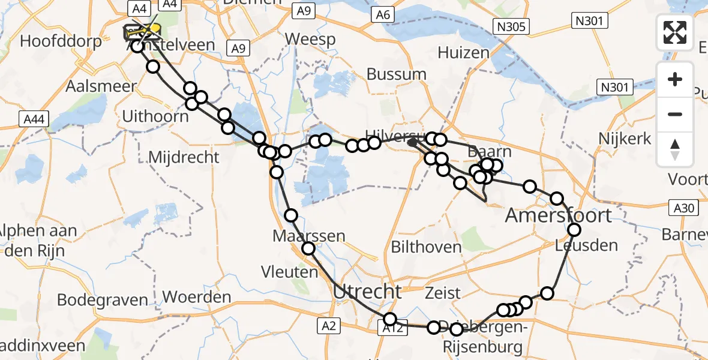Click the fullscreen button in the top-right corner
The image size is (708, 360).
pyautogui.click(x=675, y=32)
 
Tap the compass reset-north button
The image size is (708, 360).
pyautogui.click(x=675, y=149)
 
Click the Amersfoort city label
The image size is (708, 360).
pyautogui.click(x=559, y=215)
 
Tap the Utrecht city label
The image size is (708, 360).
pyautogui.click(x=367, y=292)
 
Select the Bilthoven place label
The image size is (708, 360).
pyautogui.click(x=426, y=247)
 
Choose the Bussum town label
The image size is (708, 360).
pyautogui.click(x=396, y=74)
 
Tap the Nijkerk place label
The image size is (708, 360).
pyautogui.click(x=625, y=139)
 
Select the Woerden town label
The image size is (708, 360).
pyautogui.click(x=197, y=296)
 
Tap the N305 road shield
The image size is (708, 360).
pyautogui.click(x=511, y=26)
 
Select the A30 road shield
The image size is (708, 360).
pyautogui.click(x=683, y=208)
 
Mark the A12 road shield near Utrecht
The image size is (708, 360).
pyautogui.click(x=391, y=329)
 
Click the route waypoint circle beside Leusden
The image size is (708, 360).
pyautogui.click(x=574, y=230)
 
